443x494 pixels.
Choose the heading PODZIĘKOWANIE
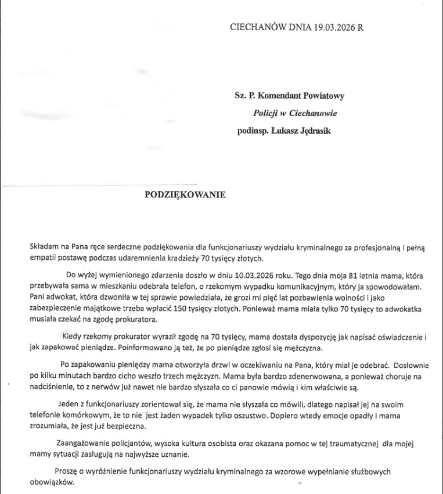coord(185,195)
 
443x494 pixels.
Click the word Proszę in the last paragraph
coord(67,471)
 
